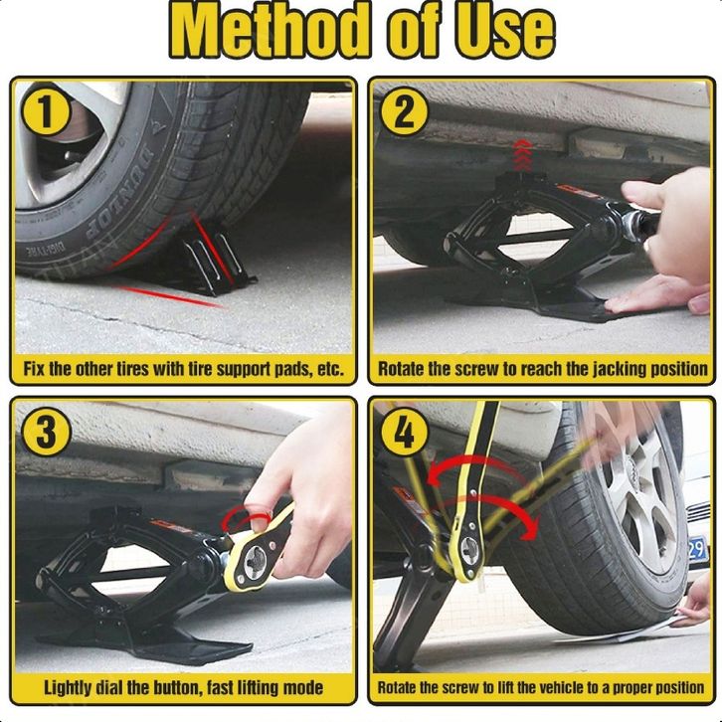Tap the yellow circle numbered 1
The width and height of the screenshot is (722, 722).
[x=45, y=112]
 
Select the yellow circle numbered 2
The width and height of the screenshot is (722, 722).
[x=405, y=112]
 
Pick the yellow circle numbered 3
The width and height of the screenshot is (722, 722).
[x=46, y=432]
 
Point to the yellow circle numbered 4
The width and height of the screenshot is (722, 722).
[x=405, y=433]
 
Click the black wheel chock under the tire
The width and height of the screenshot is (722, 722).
[x=216, y=263]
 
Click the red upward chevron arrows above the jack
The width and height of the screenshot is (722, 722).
[x=521, y=155]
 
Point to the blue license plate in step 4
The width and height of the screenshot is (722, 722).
[x=697, y=549]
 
